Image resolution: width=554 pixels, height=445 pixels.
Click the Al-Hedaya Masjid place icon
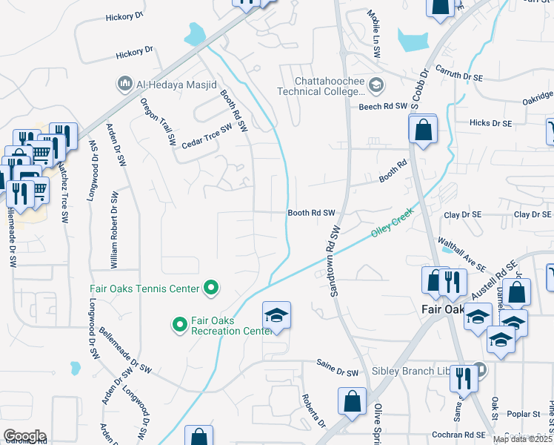click(x=124, y=85)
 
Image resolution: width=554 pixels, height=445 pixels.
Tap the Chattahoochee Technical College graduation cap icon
click(x=376, y=85)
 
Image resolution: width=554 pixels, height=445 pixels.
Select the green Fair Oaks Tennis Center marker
click(x=211, y=289)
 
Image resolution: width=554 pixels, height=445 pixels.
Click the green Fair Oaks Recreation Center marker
click(x=179, y=325)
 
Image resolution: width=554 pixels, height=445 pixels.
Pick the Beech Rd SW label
click(x=383, y=107)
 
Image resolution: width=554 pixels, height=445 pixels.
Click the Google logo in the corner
click(x=24, y=436)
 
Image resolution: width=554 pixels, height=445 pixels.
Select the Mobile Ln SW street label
click(x=376, y=34)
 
